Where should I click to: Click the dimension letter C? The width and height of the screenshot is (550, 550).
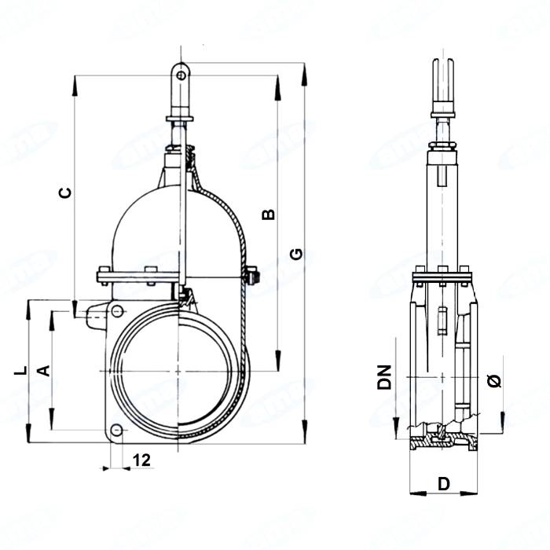[67, 192]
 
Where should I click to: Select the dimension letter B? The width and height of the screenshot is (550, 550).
[268, 214]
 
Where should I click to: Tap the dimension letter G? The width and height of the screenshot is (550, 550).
[295, 254]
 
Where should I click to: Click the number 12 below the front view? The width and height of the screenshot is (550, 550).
[141, 460]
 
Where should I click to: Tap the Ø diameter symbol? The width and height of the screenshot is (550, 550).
[493, 380]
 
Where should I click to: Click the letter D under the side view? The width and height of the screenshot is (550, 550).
[443, 484]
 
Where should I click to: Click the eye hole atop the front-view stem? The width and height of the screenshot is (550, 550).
[181, 75]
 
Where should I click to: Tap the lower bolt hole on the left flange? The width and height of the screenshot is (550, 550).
[117, 430]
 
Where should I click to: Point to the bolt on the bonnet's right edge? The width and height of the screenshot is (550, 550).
[251, 277]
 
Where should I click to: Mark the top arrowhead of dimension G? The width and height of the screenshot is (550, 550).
[304, 68]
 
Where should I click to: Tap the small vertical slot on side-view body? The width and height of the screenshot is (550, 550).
[442, 322]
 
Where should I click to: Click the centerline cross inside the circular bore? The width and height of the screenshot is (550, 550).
[180, 370]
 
